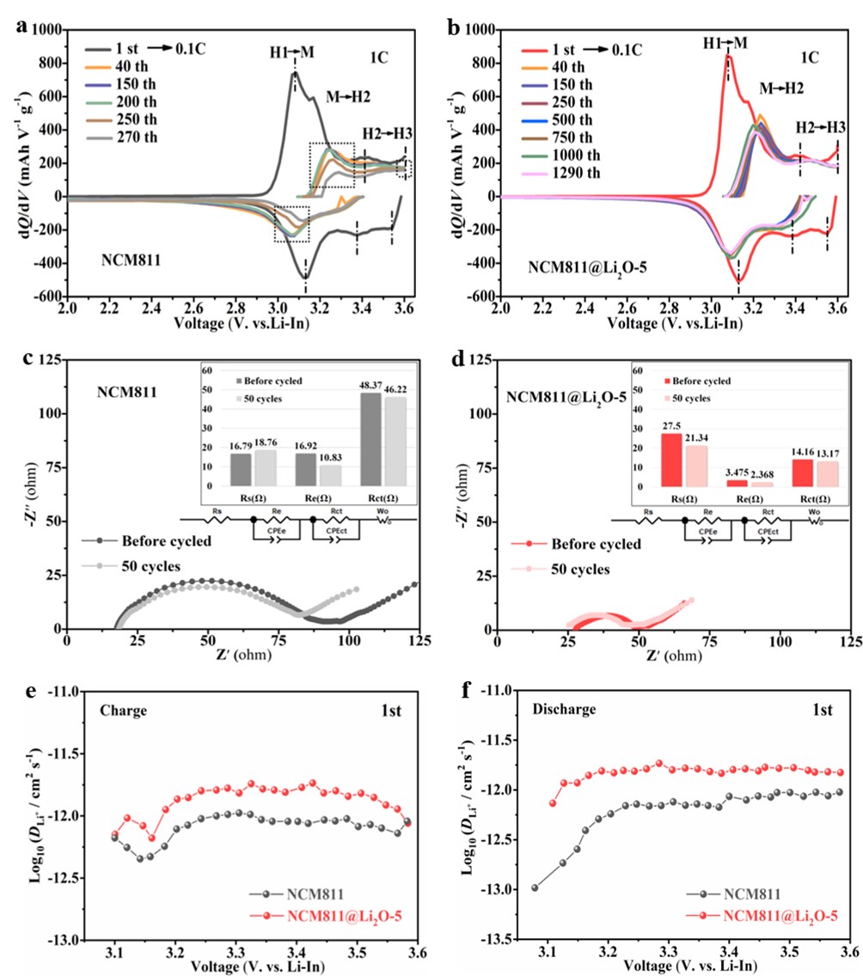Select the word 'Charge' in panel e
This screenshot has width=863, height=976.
pos(122,711)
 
